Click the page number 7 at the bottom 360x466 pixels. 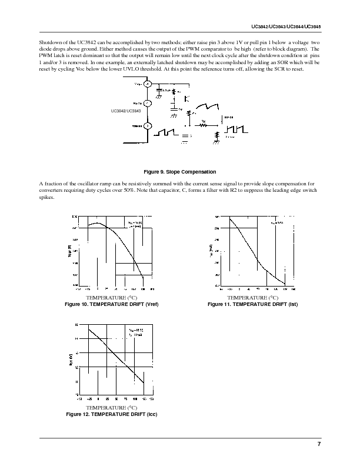pos(318,444)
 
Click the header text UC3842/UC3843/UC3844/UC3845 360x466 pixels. pos(285,28)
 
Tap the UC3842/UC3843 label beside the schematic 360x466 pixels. pos(125,111)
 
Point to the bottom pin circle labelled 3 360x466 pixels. pos(148,126)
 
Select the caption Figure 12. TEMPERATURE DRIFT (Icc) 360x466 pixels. pos(112,414)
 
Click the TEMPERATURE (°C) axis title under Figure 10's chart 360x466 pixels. pos(112,298)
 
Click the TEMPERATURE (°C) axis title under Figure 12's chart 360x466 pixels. pos(112,407)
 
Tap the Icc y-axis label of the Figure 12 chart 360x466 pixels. pos(71,359)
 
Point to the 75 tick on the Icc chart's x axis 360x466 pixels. pos(125,398)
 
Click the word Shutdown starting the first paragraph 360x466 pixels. pos(50,44)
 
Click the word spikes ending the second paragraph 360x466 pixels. pos(47,197)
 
